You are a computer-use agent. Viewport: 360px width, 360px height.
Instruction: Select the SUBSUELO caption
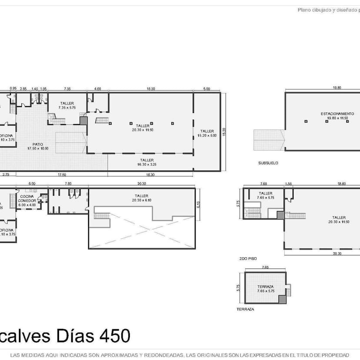pos(268,163)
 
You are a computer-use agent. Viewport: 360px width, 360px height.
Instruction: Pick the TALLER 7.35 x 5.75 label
pos(67,105)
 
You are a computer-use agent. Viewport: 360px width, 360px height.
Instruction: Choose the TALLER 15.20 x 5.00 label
pos(207,133)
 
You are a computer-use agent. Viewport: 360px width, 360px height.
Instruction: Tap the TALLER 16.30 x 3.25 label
pos(148,162)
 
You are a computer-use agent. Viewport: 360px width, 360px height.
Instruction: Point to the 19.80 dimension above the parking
pos(337,88)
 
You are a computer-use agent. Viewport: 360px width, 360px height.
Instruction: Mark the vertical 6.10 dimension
pos(199,205)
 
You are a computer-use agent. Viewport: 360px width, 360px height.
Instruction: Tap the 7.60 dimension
pos(68,184)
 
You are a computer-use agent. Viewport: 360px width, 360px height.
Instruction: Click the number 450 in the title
pos(114,336)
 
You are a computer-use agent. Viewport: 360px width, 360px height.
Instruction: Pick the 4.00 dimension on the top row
pos(98,89)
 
